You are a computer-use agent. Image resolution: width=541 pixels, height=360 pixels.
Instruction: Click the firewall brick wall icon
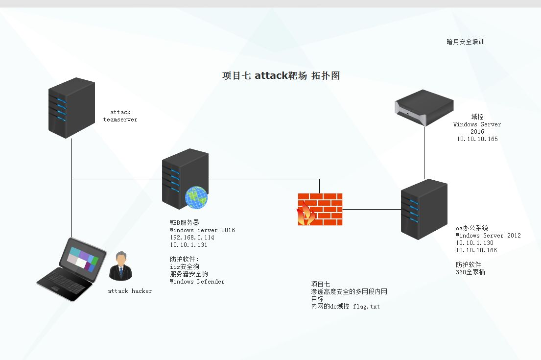click(x=320, y=209)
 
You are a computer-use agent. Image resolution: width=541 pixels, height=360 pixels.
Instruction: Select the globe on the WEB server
click(x=196, y=197)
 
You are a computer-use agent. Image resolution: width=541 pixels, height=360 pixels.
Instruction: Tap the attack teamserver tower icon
click(x=72, y=108)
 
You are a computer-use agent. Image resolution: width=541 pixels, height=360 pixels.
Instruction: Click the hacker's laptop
click(x=72, y=269)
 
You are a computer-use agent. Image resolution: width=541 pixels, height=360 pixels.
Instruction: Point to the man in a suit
click(x=121, y=266)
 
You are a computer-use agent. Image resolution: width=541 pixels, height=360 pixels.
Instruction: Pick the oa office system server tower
click(x=424, y=209)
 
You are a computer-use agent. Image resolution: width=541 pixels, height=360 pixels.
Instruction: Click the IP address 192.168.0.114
click(x=192, y=238)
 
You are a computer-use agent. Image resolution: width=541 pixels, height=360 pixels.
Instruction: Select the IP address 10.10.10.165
click(x=477, y=139)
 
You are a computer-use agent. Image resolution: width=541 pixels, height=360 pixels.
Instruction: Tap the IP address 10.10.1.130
click(x=475, y=243)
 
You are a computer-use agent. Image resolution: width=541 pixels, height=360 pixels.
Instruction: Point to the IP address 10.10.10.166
click(x=476, y=250)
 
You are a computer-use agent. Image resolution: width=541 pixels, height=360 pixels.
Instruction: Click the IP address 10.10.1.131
click(x=188, y=245)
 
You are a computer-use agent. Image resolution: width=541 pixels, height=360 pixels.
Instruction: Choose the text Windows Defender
click(x=197, y=282)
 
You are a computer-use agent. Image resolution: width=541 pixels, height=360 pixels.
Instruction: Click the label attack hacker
click(x=130, y=291)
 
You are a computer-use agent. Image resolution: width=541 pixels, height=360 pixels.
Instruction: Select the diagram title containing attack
click(x=281, y=75)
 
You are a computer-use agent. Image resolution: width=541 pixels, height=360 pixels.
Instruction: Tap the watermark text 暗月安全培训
click(x=466, y=42)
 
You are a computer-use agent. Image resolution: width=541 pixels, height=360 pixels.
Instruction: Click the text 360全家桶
click(x=470, y=272)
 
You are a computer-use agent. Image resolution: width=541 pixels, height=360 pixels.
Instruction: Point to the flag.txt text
click(x=366, y=307)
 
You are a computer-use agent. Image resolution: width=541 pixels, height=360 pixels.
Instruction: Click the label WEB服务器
click(x=185, y=223)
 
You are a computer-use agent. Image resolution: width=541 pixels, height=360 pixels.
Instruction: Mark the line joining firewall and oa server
click(x=372, y=209)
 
